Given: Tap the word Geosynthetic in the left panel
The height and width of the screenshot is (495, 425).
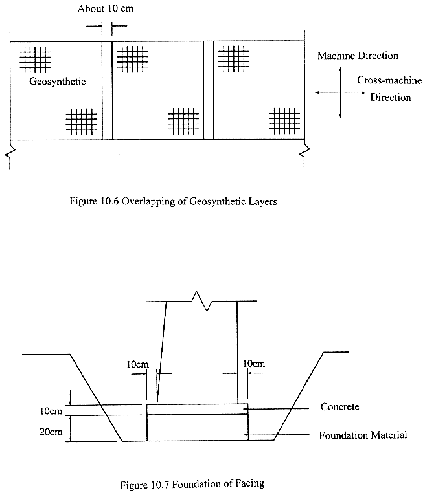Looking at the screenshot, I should pyautogui.click(x=58, y=83).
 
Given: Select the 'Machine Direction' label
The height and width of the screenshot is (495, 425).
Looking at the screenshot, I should pyautogui.click(x=358, y=56).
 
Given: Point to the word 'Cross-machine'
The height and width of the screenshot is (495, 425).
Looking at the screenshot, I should pyautogui.click(x=389, y=81).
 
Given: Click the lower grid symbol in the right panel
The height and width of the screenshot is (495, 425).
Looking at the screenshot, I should pyautogui.click(x=284, y=120).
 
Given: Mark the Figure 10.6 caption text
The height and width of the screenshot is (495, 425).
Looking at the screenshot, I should pyautogui.click(x=173, y=201).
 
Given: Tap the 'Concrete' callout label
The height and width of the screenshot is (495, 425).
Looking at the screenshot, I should pyautogui.click(x=339, y=407).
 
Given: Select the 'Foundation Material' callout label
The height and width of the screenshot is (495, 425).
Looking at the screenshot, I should pyautogui.click(x=363, y=435).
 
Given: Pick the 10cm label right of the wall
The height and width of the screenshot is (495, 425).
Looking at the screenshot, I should pyautogui.click(x=253, y=364).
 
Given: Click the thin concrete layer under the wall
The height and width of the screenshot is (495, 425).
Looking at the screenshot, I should pyautogui.click(x=198, y=410).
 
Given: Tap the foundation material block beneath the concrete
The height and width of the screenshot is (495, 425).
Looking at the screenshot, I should pyautogui.click(x=198, y=428).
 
